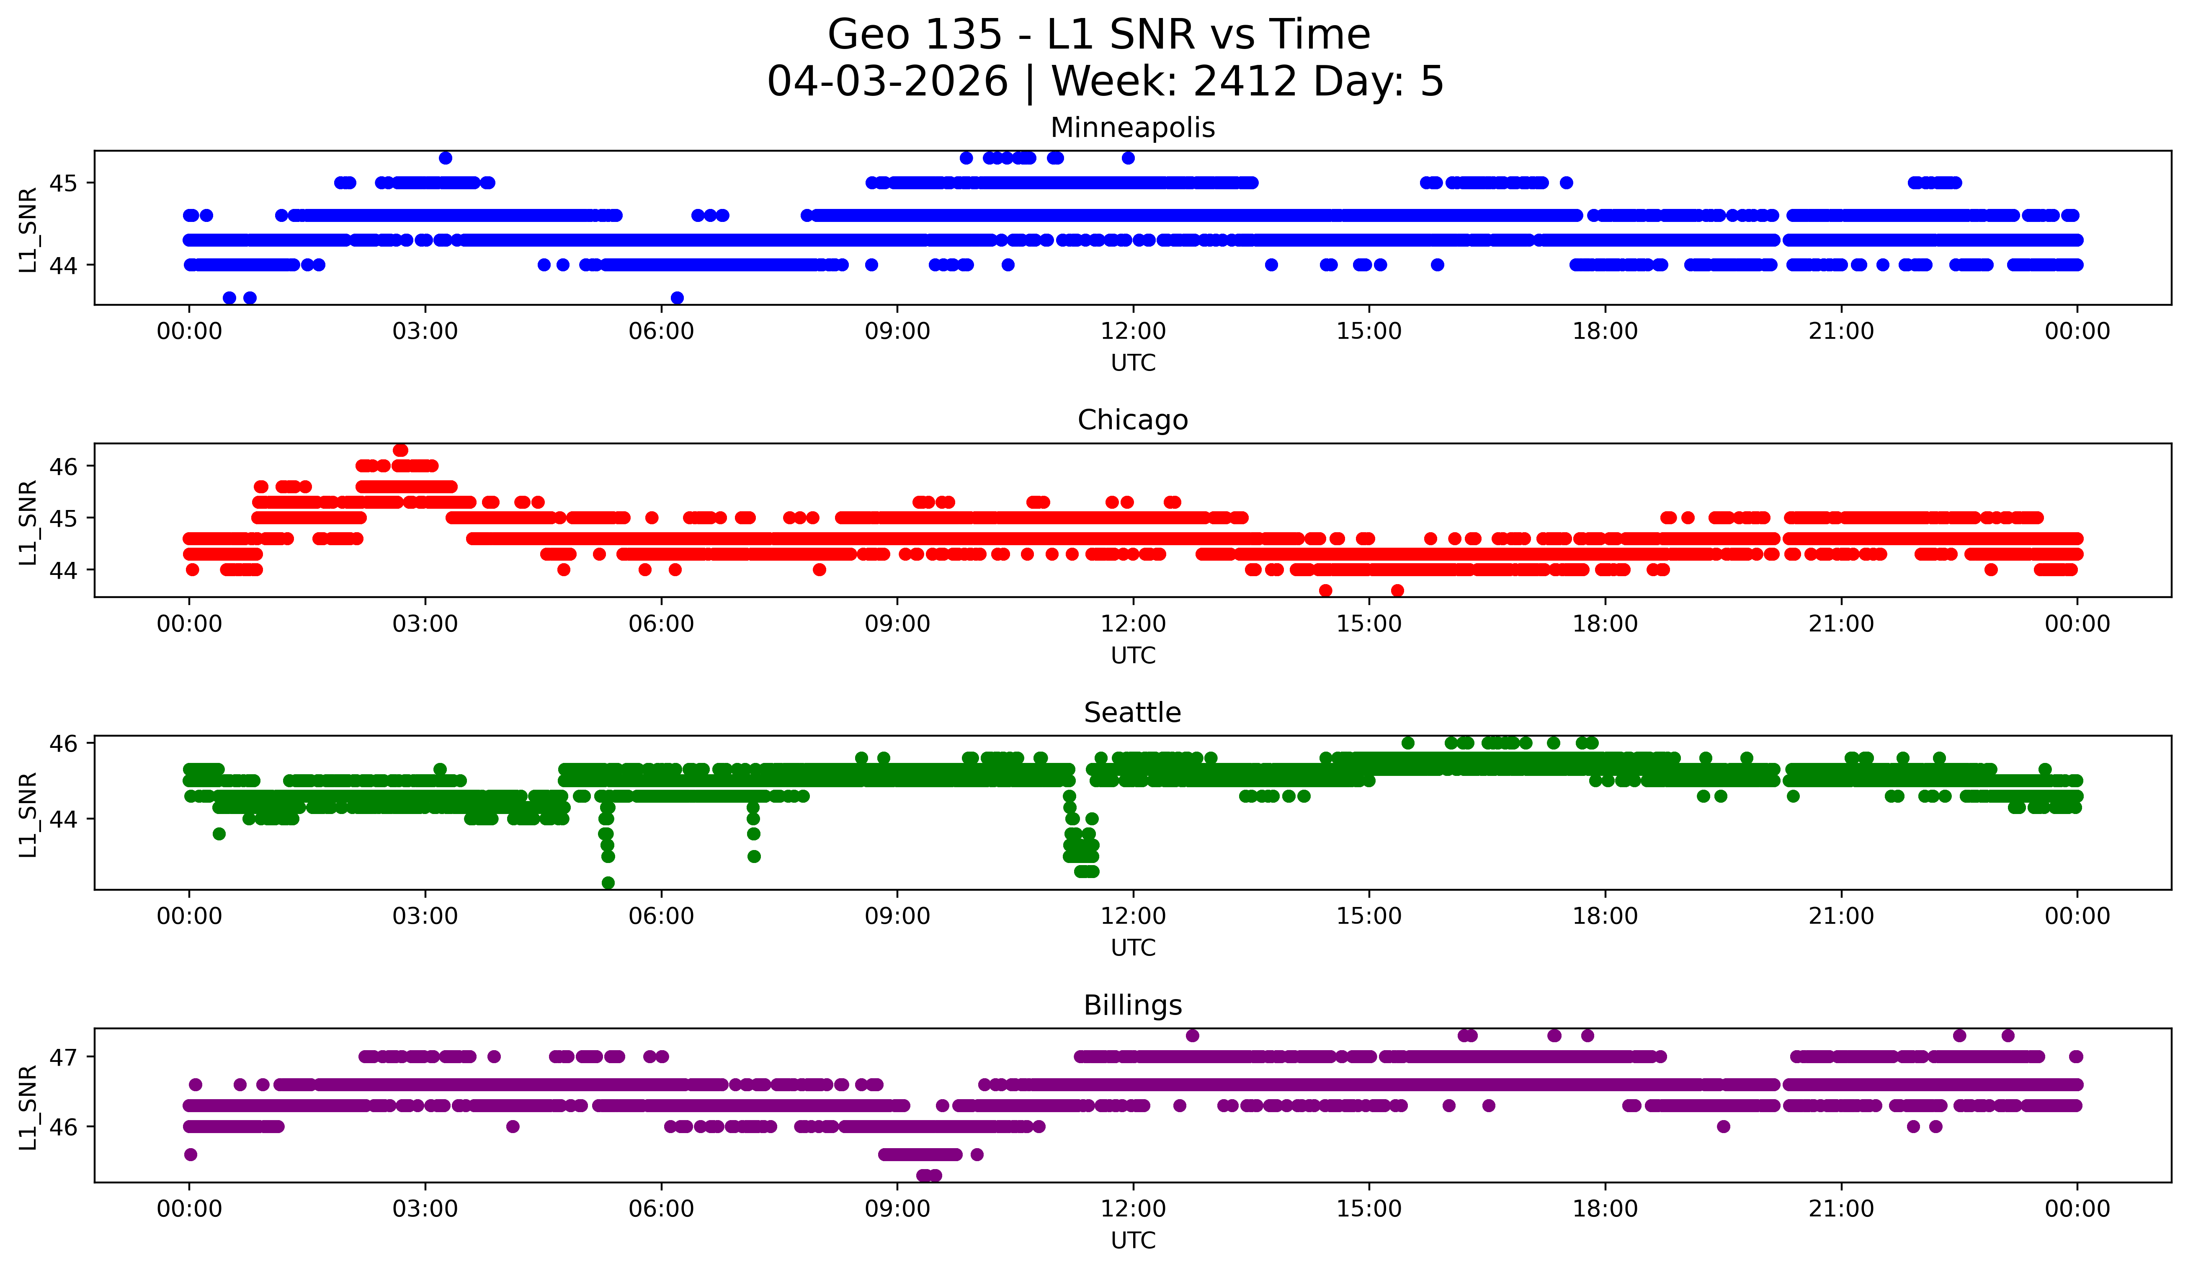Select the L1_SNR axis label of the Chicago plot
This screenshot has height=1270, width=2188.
(28, 522)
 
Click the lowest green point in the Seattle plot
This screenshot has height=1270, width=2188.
(608, 883)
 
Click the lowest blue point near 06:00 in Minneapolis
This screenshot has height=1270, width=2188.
(677, 298)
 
